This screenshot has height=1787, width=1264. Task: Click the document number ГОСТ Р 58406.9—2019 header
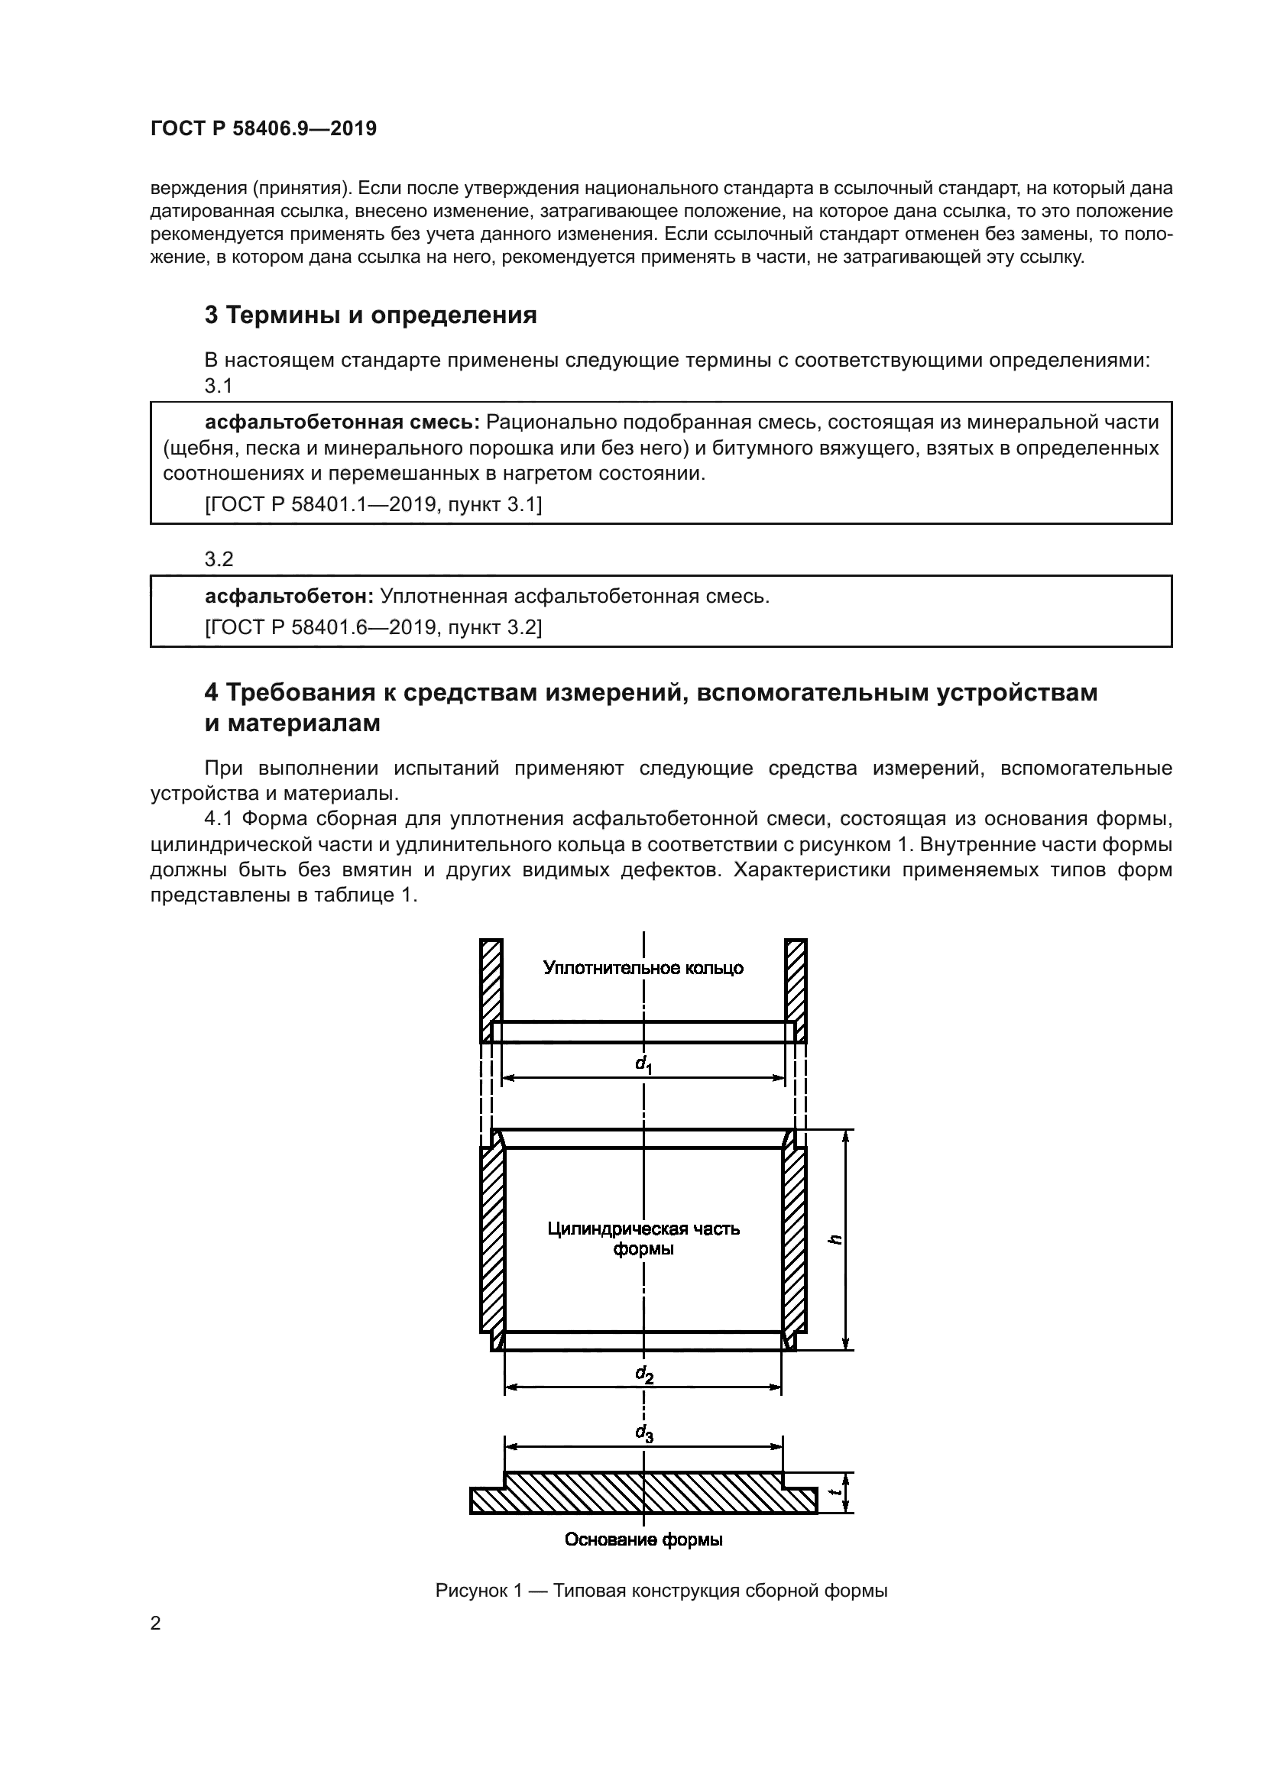[263, 128]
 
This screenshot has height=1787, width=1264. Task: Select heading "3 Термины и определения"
[371, 316]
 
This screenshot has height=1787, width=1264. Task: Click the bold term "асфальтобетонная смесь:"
[342, 422]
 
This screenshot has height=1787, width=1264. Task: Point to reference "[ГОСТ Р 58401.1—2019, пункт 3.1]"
[373, 504]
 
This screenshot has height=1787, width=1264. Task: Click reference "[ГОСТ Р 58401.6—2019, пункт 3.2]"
[373, 627]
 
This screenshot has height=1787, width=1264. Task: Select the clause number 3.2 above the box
[219, 558]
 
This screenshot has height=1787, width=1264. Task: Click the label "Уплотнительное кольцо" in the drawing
[643, 968]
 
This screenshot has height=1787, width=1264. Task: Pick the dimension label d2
[644, 1374]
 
